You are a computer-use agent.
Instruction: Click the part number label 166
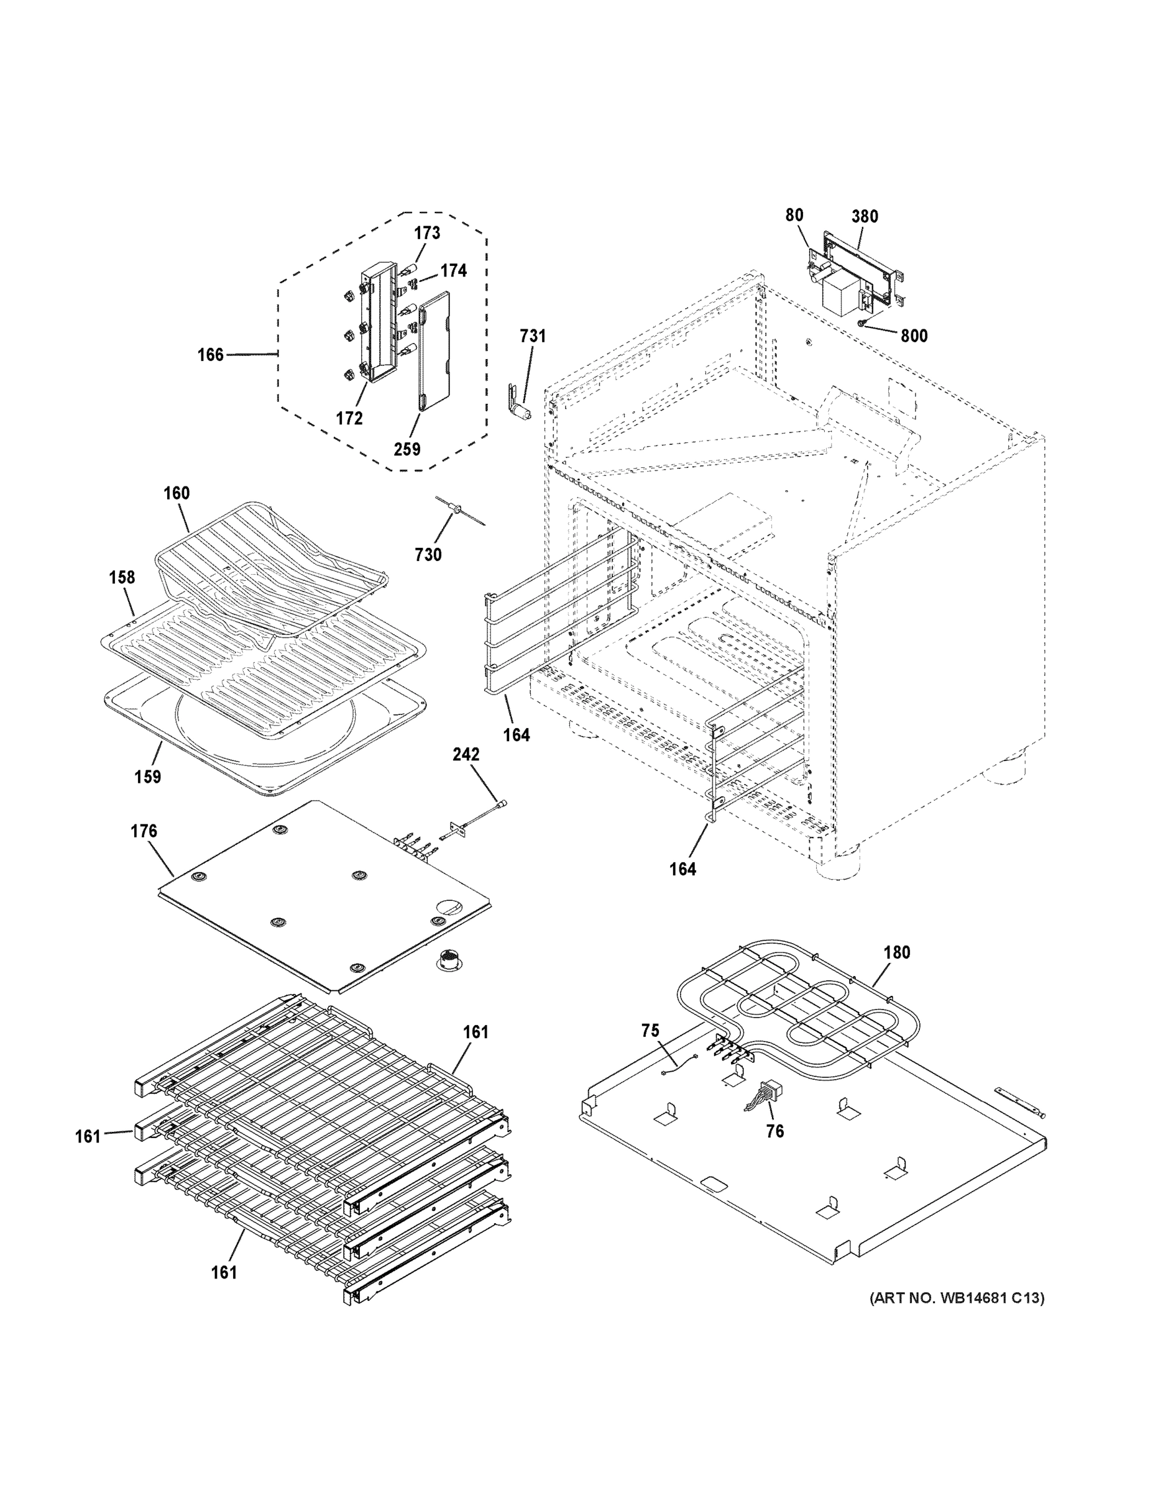(210, 355)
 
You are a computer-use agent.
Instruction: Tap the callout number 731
(533, 336)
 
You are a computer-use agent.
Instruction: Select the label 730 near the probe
(428, 555)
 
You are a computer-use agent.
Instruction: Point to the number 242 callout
(466, 754)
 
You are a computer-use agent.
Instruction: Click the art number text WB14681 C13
(957, 1298)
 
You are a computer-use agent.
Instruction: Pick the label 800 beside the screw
(914, 336)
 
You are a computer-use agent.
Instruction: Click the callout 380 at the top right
(865, 216)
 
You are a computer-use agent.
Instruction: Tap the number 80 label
(794, 215)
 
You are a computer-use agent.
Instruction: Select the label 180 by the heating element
(897, 952)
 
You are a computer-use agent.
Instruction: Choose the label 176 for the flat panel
(144, 831)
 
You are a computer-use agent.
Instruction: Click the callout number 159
(147, 777)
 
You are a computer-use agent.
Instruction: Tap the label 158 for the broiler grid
(122, 577)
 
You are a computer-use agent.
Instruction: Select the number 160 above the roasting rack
(177, 493)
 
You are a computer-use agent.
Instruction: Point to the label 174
(454, 271)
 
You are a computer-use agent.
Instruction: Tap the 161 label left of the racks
(88, 1137)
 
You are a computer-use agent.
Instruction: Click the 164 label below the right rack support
(682, 869)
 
